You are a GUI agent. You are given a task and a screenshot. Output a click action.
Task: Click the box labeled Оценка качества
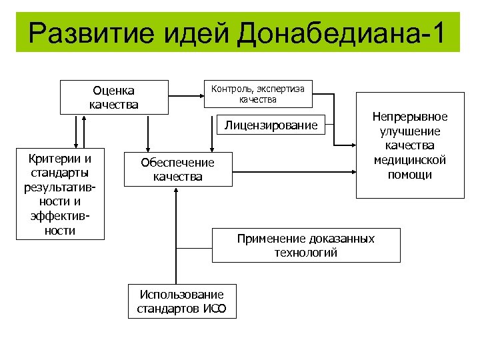(113, 97)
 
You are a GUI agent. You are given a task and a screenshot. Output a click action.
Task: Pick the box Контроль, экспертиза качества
(257, 93)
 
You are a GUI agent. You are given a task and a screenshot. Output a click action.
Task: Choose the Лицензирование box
(271, 125)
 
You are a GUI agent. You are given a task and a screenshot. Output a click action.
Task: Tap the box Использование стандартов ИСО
(181, 301)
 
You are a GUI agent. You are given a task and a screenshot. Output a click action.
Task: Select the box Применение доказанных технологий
(306, 245)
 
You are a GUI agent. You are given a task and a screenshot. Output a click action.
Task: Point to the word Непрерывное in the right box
(410, 117)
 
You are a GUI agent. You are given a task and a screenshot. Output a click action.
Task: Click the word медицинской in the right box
(410, 161)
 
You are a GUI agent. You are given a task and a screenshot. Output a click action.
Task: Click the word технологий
(306, 253)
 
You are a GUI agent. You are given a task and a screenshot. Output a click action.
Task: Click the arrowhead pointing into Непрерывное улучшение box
(352, 145)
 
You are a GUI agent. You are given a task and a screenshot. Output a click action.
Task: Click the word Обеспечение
(177, 163)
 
